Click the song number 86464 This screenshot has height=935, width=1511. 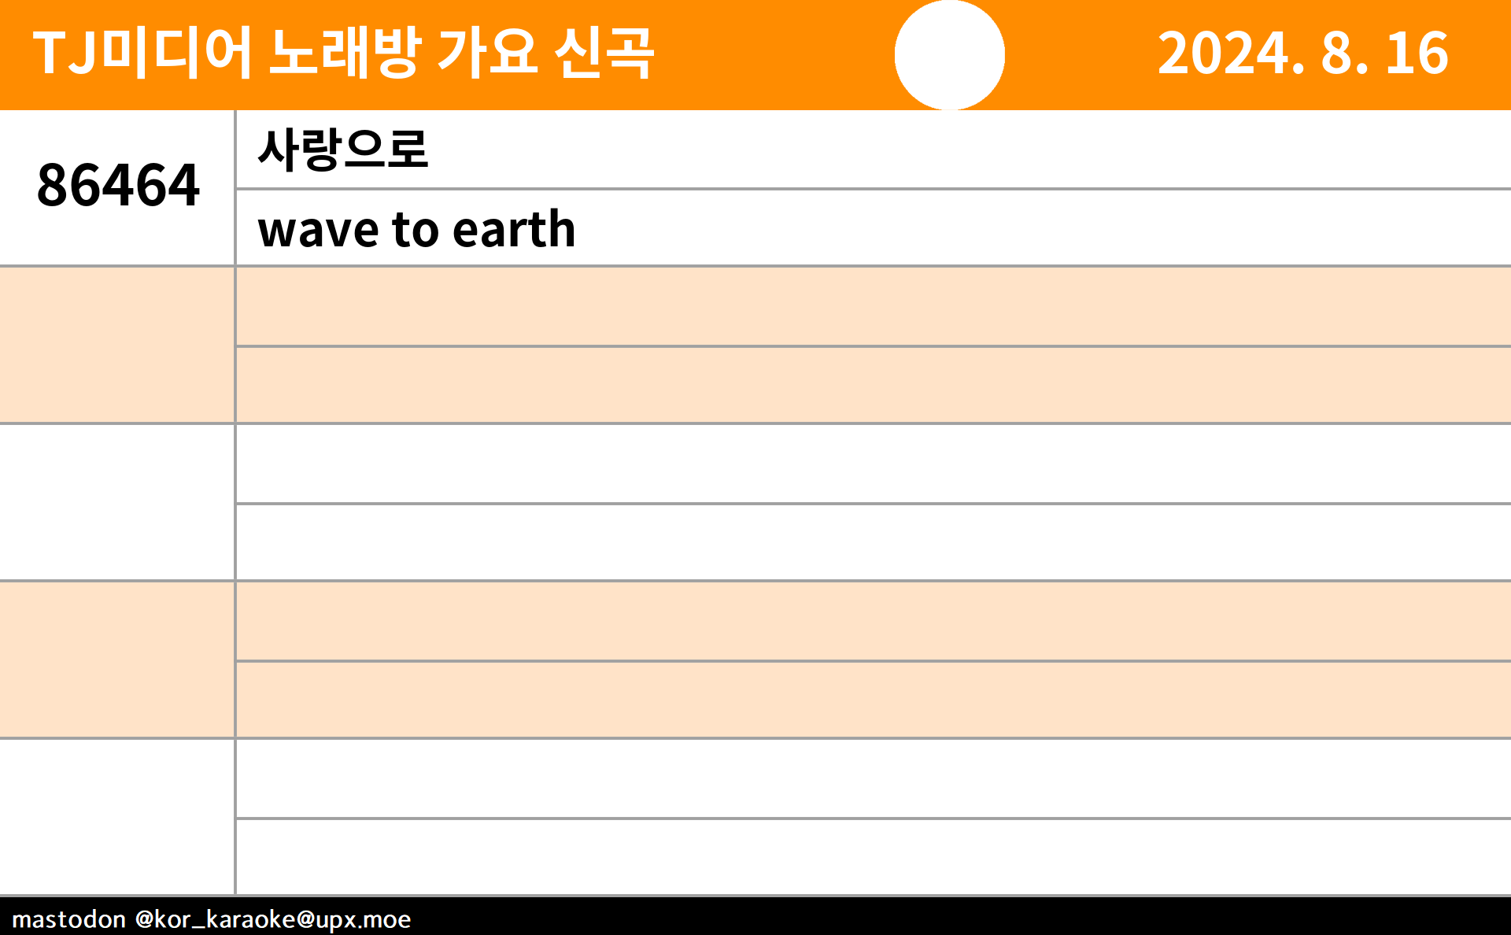pos(118,186)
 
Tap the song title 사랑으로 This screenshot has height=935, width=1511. pos(343,149)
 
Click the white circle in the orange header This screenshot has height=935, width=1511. pos(950,54)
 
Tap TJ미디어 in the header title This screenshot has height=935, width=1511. pos(142,53)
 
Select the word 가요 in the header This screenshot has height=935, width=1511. pos(488,53)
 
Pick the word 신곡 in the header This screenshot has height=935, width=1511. pos(604,53)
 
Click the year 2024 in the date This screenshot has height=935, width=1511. pos(1222,54)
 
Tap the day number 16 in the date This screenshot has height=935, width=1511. pos(1417,54)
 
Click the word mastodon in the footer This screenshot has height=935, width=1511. pos(69,919)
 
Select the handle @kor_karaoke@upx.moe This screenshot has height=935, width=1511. pos(273,919)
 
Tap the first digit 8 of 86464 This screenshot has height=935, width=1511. pos(53,186)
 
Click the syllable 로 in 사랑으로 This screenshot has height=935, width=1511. pos(408,149)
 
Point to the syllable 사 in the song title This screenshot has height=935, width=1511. pos(279,149)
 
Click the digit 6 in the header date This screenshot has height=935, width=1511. pos(1432,54)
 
